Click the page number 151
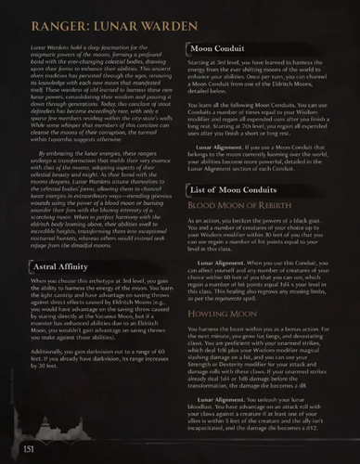pyautogui.click(x=27, y=450)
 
